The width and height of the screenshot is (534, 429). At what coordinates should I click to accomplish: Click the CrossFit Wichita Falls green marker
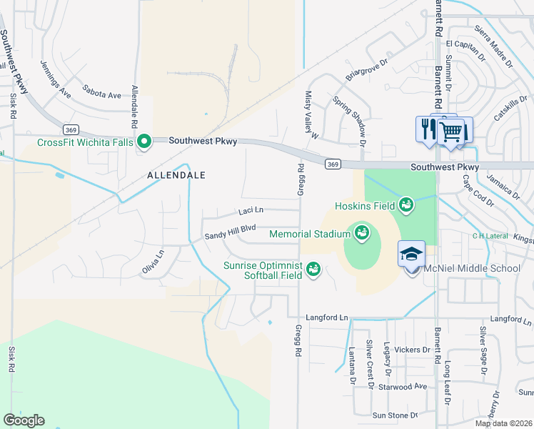(144, 142)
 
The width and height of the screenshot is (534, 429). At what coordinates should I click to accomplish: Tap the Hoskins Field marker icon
(406, 205)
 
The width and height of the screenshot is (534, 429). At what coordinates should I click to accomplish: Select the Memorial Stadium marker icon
(361, 233)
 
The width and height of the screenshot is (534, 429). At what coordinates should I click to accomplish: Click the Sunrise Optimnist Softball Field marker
(313, 270)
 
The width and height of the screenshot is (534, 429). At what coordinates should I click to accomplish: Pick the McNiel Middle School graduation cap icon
(411, 254)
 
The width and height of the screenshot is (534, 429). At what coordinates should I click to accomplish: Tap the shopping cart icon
(450, 131)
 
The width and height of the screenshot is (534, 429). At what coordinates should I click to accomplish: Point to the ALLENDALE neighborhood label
(176, 174)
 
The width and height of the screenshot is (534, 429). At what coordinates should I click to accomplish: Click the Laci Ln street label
(251, 211)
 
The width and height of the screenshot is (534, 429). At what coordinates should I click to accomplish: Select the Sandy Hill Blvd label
(230, 232)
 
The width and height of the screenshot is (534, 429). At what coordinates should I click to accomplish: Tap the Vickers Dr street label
(413, 350)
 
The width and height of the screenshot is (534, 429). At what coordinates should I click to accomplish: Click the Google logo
(24, 420)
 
